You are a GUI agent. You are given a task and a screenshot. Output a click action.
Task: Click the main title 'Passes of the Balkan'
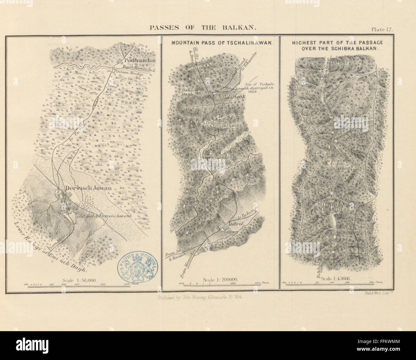[203, 28]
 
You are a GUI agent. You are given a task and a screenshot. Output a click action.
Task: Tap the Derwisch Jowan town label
[89, 188]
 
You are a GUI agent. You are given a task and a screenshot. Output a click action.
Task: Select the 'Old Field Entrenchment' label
[105, 216]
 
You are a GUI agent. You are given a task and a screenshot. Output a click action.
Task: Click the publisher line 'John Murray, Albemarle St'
[200, 297]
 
